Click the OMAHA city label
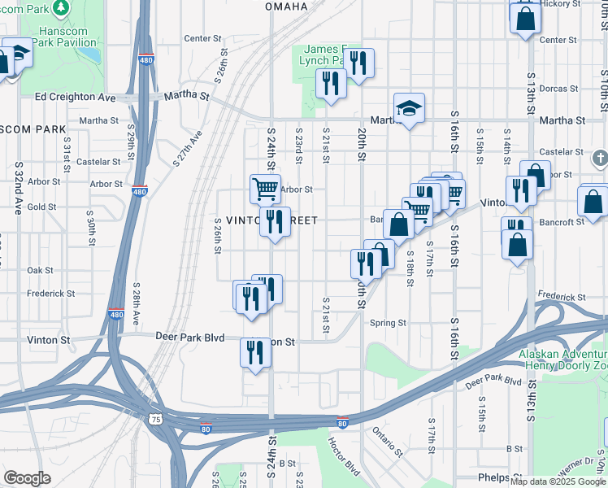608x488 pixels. pos(286,7)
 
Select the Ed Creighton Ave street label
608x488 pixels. pos(76,97)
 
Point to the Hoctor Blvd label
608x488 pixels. pos(344,457)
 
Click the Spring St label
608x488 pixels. pos(388,323)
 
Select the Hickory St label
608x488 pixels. pos(562,3)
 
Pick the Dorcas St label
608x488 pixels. pos(558,88)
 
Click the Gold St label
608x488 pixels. pos(41,207)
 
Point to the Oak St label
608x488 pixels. pos(40,270)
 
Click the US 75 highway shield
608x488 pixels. pos(155,418)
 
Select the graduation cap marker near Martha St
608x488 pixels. pos(409,108)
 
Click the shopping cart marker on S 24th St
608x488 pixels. pos(265,190)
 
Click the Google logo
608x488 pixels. pos(27,479)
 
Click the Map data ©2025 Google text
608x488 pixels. pos(557,481)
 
